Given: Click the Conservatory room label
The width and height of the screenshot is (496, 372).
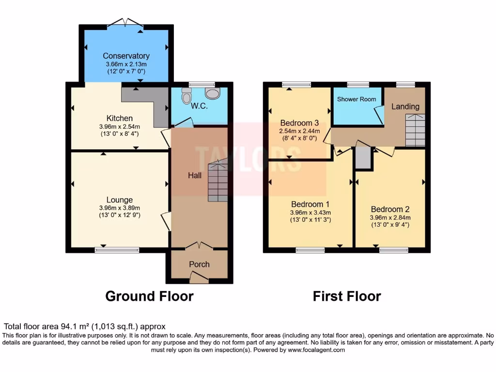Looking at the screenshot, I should click(126, 56).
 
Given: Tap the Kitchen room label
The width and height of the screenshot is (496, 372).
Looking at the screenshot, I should click(120, 118).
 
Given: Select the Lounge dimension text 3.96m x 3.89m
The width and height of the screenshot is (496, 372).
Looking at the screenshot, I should click(120, 208).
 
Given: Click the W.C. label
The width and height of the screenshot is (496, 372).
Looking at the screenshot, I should click(199, 106).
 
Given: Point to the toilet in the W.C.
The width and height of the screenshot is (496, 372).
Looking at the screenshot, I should click(186, 97).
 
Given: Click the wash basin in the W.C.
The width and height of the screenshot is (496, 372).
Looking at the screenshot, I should click(212, 93).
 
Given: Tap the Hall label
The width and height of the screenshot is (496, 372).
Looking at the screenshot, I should click(195, 175).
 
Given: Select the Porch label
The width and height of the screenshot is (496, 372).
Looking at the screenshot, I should click(199, 264).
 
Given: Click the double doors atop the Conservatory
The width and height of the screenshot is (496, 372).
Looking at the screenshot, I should click(126, 22).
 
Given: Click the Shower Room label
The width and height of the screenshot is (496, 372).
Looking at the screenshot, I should click(356, 99).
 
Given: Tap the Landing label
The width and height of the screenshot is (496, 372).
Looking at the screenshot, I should click(405, 107).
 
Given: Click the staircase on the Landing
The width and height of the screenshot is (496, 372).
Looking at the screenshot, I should click(415, 130).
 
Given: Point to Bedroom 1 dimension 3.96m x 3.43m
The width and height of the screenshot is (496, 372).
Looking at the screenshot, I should click(310, 212).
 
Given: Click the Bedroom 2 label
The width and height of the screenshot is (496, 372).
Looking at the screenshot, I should click(390, 209).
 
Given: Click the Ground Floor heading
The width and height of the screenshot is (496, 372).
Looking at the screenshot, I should click(149, 296).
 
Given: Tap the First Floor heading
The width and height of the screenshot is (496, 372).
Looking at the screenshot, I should click(347, 296).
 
